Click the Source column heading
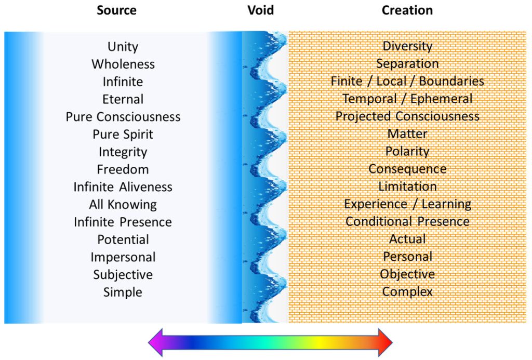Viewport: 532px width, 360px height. [116, 10]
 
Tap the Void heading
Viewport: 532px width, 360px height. [260, 10]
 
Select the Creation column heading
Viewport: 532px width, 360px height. [407, 10]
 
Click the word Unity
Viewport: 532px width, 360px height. [123, 46]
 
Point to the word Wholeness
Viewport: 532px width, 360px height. [123, 64]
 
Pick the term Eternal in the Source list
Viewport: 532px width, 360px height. [123, 99]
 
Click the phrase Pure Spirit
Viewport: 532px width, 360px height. [123, 134]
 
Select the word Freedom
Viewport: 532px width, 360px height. [123, 169]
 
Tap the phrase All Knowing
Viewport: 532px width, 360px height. [123, 204]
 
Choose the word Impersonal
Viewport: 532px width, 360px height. [123, 257]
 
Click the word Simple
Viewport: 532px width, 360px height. [123, 292]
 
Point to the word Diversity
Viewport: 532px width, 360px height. [407, 46]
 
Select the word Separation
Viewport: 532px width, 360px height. [407, 63]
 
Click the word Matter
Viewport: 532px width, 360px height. [407, 134]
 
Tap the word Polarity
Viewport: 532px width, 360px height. [407, 151]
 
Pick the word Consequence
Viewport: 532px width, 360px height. [407, 169]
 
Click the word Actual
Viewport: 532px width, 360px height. [407, 239]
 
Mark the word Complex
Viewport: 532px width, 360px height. [407, 291]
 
